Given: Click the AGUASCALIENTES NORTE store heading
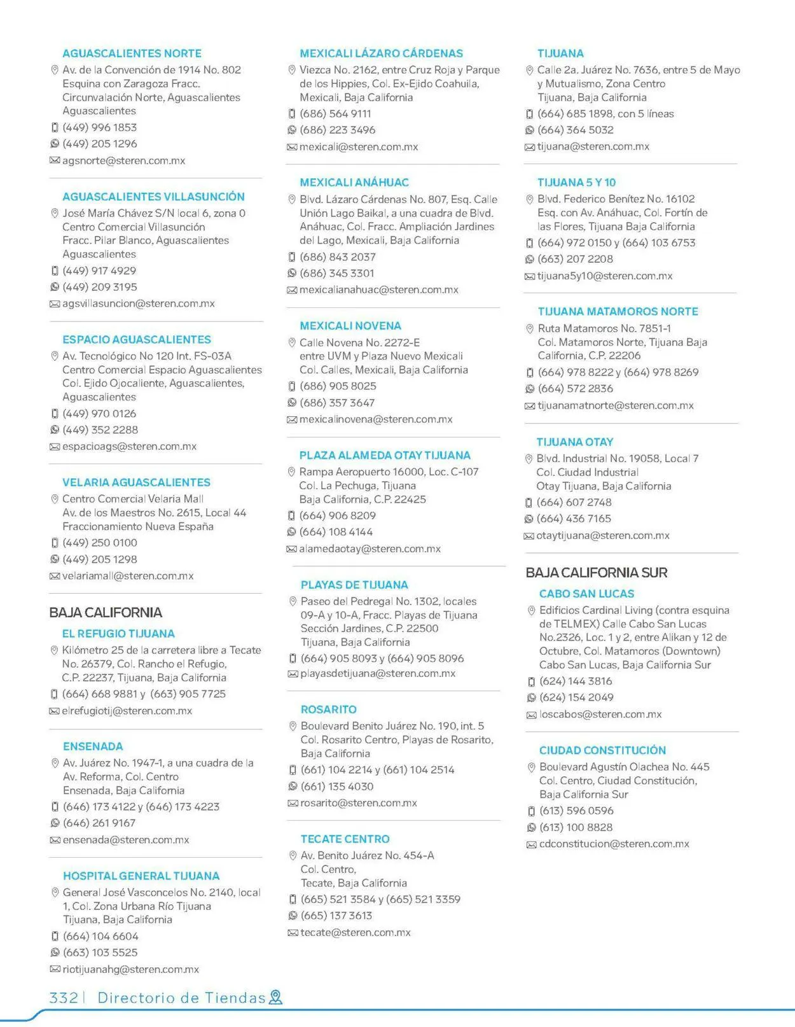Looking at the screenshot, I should [132, 53].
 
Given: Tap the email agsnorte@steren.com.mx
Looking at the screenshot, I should [123, 161].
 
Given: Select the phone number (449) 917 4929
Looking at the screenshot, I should [99, 271].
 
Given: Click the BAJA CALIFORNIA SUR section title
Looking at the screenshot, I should [596, 573].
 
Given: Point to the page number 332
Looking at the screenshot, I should [64, 998].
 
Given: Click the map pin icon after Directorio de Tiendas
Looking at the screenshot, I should [275, 998].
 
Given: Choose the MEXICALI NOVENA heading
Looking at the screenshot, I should [350, 326].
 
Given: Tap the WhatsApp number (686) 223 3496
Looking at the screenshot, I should [337, 130].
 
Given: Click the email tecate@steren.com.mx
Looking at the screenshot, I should [356, 933].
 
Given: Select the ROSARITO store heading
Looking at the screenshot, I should [328, 709].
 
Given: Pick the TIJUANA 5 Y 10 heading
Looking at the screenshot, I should [576, 183].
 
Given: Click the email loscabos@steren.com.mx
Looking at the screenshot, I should [600, 715].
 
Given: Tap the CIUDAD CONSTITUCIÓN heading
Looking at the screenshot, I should [602, 751].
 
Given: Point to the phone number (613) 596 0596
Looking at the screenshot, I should [576, 811].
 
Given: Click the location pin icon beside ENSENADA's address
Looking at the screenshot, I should [55, 763].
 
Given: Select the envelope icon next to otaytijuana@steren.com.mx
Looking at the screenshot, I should [529, 536].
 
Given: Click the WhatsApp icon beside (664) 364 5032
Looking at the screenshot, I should [529, 130].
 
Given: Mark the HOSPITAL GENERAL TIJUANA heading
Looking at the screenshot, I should [141, 876].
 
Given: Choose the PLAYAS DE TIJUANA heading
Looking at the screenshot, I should [354, 585].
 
